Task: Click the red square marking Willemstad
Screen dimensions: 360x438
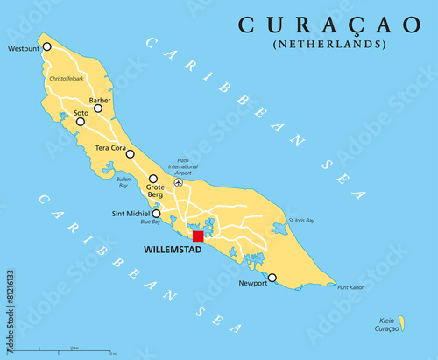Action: pyautogui.click(x=198, y=236)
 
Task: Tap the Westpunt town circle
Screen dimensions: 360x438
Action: pyautogui.click(x=47, y=46)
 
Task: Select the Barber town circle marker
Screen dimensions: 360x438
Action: pyautogui.click(x=98, y=109)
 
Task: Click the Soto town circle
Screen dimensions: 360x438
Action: pyautogui.click(x=81, y=122)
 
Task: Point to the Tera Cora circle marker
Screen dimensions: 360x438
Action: pyautogui.click(x=130, y=154)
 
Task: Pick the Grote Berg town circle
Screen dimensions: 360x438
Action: pyautogui.click(x=153, y=179)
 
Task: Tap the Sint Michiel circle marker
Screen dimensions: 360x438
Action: pyautogui.click(x=156, y=213)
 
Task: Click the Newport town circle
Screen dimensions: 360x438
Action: pyautogui.click(x=272, y=278)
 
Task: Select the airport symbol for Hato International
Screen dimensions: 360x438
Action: pyautogui.click(x=179, y=182)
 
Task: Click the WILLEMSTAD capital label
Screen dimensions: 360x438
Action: pyautogui.click(x=173, y=251)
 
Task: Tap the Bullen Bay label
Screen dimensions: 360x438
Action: pyautogui.click(x=123, y=182)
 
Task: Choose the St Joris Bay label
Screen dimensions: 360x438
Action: pyautogui.click(x=302, y=220)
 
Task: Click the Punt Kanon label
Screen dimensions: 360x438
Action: pyautogui.click(x=350, y=287)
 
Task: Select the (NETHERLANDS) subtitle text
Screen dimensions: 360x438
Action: pyautogui.click(x=328, y=44)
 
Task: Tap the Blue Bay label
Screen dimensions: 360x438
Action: pyautogui.click(x=150, y=222)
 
